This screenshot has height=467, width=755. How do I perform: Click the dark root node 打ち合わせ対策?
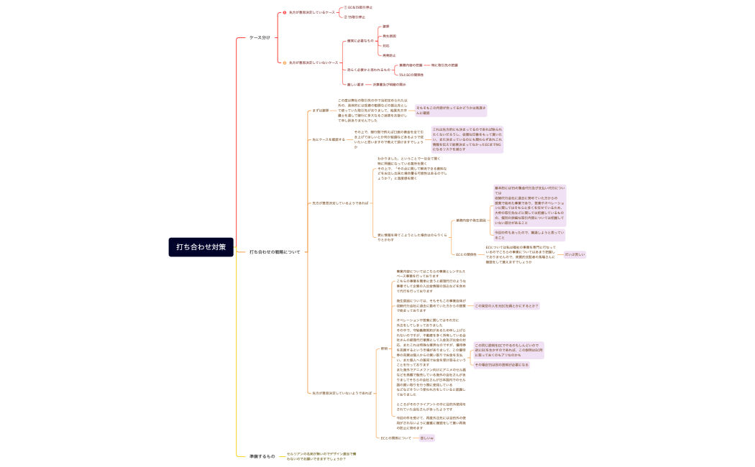[x=201, y=247]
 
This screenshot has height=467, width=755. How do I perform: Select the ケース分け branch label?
[x=260, y=37]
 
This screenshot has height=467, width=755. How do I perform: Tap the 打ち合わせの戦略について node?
[x=275, y=252]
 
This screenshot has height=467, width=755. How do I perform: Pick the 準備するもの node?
[x=262, y=456]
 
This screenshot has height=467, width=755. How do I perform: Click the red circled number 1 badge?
[x=284, y=12]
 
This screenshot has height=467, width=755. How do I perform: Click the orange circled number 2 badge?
[x=284, y=63]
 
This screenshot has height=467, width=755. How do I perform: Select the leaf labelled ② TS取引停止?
[x=354, y=17]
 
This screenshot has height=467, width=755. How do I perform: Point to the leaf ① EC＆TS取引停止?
[x=359, y=7]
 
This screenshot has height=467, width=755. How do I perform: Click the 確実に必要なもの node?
[x=360, y=41]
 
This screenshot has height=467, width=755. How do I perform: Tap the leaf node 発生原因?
[x=389, y=36]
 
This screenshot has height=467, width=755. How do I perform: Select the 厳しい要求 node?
[x=355, y=84]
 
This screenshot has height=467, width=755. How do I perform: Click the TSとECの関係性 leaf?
[x=411, y=75]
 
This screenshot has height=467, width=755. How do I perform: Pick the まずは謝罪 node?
[x=321, y=111]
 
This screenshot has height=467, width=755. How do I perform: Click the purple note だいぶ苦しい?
[x=575, y=254]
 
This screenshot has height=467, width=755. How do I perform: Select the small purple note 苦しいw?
[x=426, y=438]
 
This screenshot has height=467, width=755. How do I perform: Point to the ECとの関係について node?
[x=395, y=438]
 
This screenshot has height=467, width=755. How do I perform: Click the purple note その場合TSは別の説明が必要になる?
[x=501, y=365]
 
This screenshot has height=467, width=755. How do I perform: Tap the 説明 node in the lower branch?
[x=384, y=348]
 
